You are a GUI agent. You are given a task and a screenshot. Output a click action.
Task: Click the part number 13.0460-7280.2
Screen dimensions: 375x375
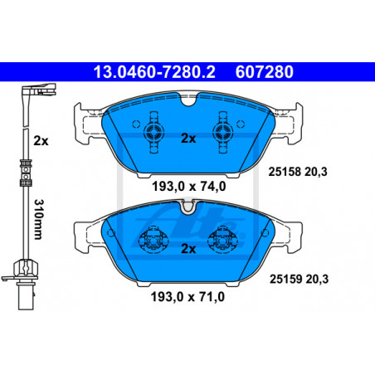click(x=154, y=72)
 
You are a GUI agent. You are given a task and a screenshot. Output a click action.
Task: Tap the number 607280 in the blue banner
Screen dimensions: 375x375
click(x=265, y=72)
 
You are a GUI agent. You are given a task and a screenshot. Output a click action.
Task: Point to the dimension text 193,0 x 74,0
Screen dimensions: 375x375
click(x=189, y=187)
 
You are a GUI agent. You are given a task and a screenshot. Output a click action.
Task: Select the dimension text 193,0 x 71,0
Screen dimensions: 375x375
click(x=187, y=297)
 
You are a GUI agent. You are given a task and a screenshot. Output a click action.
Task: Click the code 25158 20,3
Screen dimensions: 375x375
click(x=298, y=172)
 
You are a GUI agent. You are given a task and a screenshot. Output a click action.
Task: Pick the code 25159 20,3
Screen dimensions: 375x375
click(x=300, y=279)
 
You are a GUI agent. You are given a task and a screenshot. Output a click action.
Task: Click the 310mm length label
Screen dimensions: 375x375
click(x=38, y=219)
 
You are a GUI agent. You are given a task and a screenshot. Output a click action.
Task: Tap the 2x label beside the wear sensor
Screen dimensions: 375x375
click(x=41, y=141)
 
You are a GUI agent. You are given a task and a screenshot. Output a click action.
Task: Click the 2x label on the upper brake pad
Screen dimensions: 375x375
click(x=188, y=139)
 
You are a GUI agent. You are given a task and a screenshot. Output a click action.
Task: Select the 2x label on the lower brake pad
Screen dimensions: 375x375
click(x=188, y=249)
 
